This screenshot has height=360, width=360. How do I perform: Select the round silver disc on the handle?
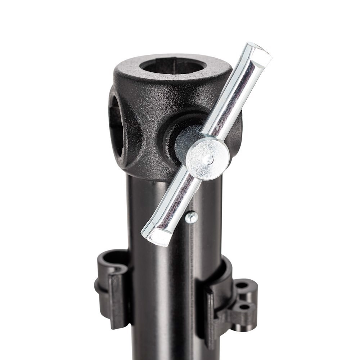(207, 159)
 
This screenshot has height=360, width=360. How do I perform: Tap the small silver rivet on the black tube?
(192, 217)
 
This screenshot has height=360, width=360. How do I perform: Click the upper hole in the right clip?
(242, 285)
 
